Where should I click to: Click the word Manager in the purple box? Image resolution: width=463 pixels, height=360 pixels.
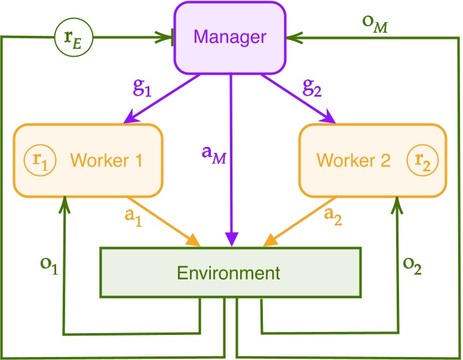coord(230,37)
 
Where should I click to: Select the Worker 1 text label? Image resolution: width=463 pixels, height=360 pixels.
coord(106,161)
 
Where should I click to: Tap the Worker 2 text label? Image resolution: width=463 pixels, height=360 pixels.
coord(353,161)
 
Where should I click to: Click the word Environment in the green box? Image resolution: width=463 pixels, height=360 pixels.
coord(228,273)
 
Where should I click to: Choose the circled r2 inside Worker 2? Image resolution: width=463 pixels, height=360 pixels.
coord(422,161)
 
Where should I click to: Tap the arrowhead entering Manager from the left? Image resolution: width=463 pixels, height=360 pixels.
coord(168,37)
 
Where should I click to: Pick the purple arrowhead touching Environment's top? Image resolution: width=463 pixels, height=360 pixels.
coord(231,240)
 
